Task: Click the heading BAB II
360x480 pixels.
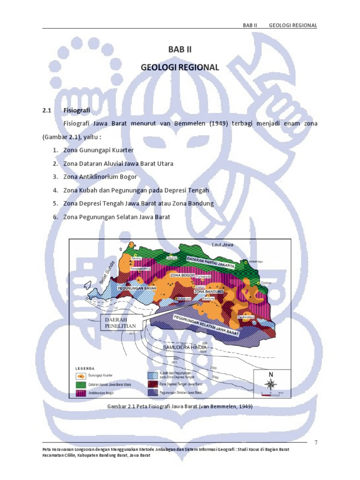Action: tap(180, 49)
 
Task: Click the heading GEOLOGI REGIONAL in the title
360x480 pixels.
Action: tap(180, 67)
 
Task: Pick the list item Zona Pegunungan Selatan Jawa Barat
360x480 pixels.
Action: tap(116, 217)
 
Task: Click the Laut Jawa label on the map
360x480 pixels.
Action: tap(222, 245)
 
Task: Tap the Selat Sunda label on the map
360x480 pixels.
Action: tap(107, 273)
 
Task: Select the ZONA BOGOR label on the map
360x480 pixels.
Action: tap(181, 275)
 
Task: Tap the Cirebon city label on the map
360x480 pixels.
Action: tap(266, 283)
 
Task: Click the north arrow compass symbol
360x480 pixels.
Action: tap(270, 384)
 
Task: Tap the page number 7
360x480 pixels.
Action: tap(315, 442)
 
